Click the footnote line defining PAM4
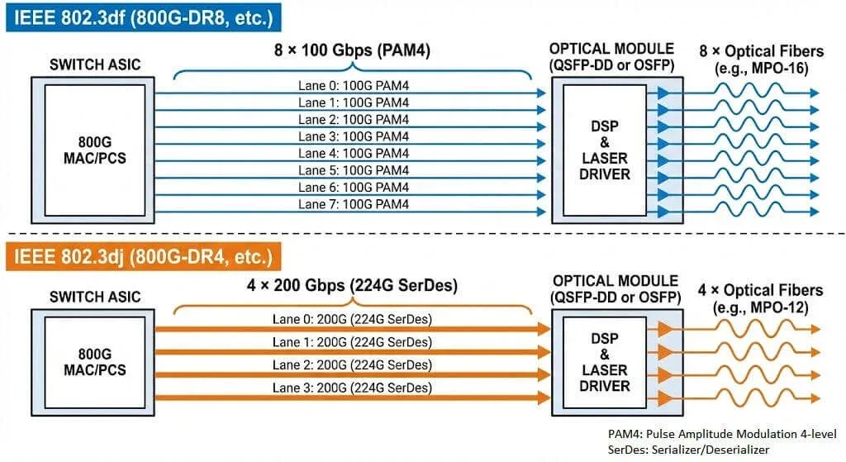coord(721,434)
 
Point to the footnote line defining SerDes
coord(688,450)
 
